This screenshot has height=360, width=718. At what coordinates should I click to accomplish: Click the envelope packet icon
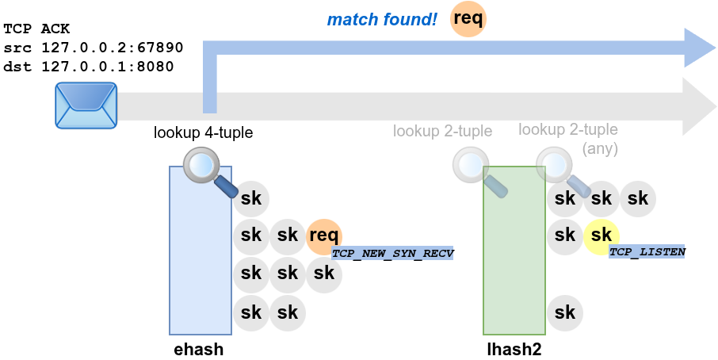pos(86,105)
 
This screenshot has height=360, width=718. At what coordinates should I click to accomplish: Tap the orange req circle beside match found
pos(468,19)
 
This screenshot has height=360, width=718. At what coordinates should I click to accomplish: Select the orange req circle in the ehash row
pos(324,235)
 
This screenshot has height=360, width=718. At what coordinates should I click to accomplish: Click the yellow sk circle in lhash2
pos(602,235)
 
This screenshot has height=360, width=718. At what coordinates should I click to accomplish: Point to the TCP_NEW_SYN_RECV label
pos(392,253)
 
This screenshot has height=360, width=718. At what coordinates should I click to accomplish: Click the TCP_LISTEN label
pos(647,251)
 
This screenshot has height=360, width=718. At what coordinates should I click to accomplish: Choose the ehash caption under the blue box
pos(199,349)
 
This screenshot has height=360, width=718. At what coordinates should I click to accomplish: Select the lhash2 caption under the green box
pos(514,349)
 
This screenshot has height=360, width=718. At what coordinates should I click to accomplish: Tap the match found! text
pos(382,19)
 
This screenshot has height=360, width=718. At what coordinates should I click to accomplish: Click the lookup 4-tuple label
pos(204,133)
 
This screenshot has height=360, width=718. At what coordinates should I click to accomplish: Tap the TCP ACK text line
pos(37,29)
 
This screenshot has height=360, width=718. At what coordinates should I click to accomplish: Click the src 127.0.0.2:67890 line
pos(94,48)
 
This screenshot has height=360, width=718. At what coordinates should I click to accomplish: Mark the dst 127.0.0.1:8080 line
pos(89,67)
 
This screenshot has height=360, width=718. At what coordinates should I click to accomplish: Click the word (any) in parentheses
pos(599,148)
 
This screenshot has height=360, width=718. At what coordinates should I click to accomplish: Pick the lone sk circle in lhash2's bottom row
pos(565,312)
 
